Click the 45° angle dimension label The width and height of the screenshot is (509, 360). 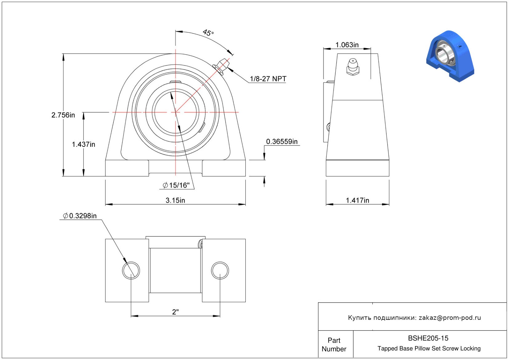click(208, 33)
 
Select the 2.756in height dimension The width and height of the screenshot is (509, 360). click(63, 115)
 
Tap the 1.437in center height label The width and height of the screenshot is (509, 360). click(83, 144)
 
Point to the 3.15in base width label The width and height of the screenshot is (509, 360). click(175, 200)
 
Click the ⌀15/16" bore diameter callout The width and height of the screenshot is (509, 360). click(176, 185)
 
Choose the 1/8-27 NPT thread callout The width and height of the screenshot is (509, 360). click(268, 78)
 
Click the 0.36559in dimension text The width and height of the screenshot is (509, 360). click(282, 142)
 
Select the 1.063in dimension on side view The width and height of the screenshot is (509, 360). click(347, 45)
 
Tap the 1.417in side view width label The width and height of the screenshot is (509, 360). click(358, 200)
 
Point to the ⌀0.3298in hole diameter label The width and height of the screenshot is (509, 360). click(80, 216)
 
